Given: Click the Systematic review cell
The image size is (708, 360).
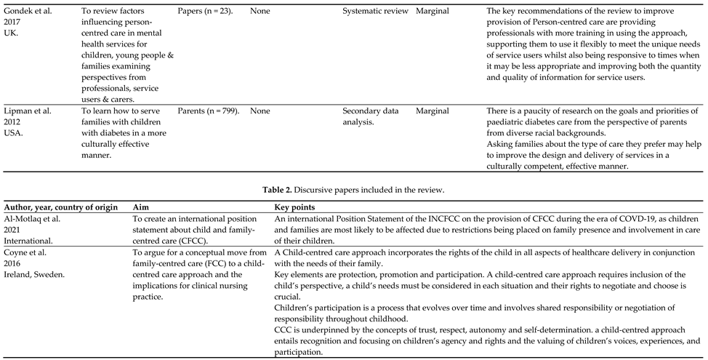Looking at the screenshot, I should tap(374, 12).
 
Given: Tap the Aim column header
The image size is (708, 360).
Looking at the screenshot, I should tap(142, 207).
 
